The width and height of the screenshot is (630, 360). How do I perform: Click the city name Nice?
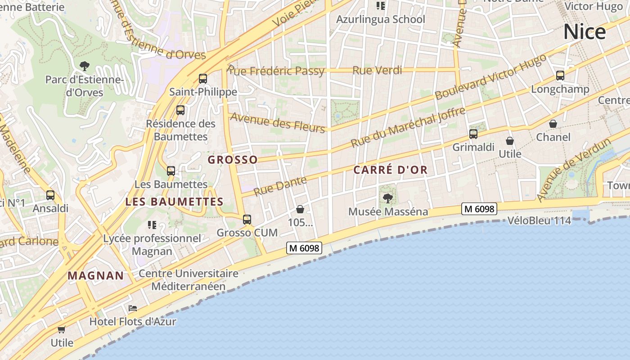(584, 32)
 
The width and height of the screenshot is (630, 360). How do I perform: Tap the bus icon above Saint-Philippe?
(203, 79)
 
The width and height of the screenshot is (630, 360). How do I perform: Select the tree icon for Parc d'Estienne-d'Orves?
(84, 66)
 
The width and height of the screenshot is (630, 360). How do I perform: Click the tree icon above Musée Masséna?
(387, 198)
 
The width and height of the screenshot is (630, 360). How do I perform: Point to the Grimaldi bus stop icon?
(473, 134)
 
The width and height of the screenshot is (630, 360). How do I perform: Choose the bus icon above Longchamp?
(560, 76)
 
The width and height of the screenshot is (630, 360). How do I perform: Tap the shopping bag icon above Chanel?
(553, 124)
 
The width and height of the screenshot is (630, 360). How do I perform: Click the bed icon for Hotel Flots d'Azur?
(133, 308)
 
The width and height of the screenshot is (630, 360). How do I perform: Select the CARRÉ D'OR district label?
(390, 170)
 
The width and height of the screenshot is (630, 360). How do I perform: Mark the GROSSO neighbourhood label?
(233, 160)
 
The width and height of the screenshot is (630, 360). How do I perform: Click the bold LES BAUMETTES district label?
(174, 202)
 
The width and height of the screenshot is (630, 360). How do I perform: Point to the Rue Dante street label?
(280, 186)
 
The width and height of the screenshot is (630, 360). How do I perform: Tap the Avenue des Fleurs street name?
(278, 122)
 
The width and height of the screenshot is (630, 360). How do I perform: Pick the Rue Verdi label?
(377, 70)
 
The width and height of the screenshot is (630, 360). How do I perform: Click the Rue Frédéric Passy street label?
(275, 71)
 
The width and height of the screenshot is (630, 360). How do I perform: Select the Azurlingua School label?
(381, 19)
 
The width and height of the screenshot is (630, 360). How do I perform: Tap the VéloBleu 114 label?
(539, 220)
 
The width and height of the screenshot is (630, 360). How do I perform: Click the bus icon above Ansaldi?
(50, 195)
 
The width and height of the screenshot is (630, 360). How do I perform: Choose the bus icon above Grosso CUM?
(247, 220)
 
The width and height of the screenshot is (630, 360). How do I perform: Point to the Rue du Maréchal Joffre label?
(408, 127)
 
